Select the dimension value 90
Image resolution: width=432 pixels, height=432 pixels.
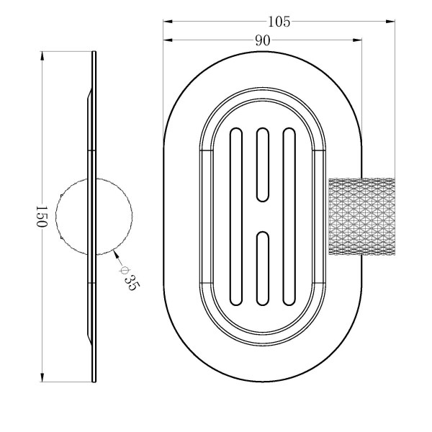[262, 41]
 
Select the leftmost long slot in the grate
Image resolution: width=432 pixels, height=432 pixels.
[235, 217]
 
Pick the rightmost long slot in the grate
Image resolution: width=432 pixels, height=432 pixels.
[289, 217]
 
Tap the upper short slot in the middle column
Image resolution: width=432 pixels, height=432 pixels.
[262, 164]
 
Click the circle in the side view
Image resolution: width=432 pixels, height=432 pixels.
[95, 216]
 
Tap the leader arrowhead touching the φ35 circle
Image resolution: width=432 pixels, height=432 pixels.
[115, 253]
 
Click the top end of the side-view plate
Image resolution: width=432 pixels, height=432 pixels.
[94, 53]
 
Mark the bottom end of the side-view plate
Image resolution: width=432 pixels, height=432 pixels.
[94, 380]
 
